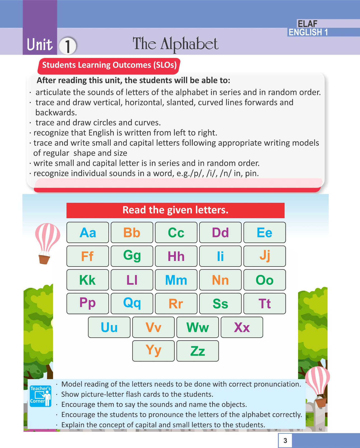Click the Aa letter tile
coord(88,232)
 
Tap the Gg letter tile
coord(132,256)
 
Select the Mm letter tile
coord(176,280)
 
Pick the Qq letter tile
coord(132,303)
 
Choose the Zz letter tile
coord(198,351)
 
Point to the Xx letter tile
coord(242,327)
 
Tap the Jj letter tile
coord(264,256)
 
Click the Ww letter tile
coord(198,327)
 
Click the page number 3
coord(285,441)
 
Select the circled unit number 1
coord(68,46)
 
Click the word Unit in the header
coord(40,45)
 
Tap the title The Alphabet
coord(175,44)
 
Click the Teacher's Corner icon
coord(41,396)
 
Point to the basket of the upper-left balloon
coord(44,259)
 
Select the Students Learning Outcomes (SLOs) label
coord(109,65)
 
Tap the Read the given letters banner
coord(175,210)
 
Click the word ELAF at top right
coord(307,24)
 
